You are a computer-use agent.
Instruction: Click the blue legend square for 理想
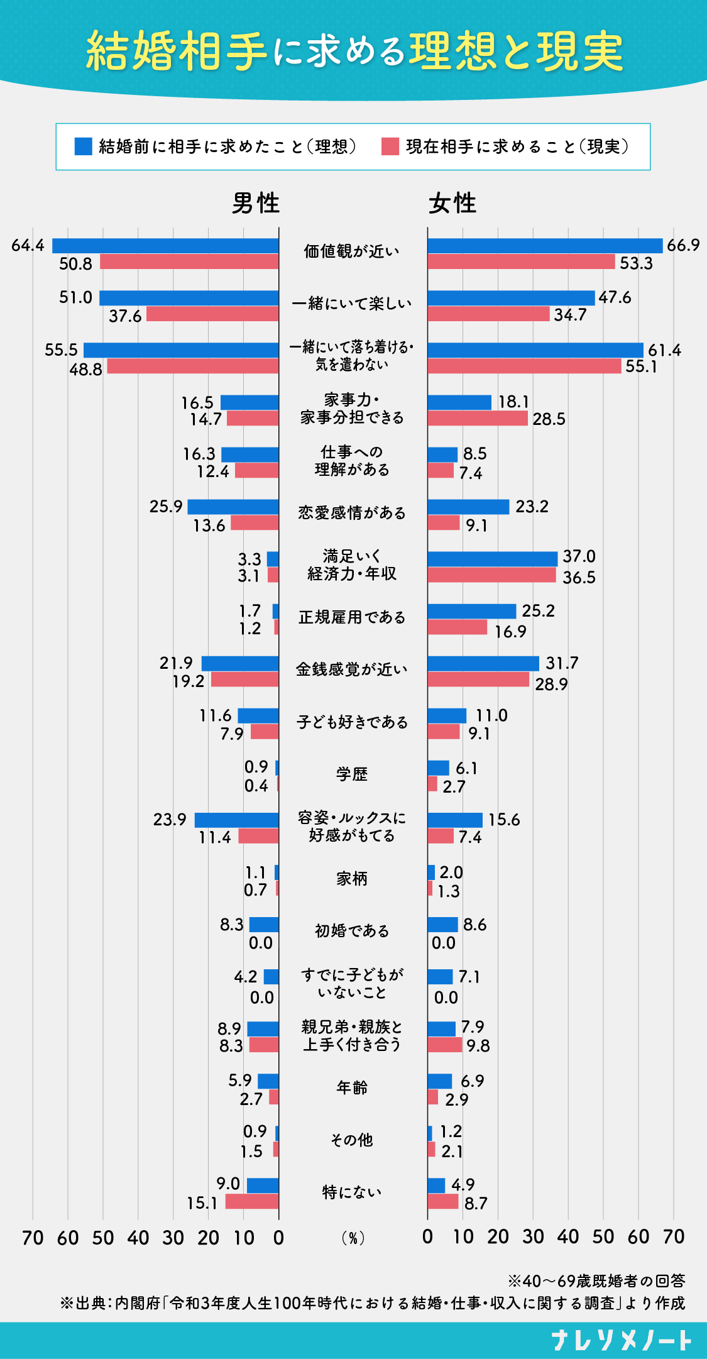(x=84, y=146)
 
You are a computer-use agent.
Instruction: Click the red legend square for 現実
(x=390, y=146)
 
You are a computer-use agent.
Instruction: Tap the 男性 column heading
(x=256, y=203)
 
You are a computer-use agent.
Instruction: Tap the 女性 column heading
(x=452, y=203)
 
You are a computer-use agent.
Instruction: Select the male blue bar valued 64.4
(x=165, y=246)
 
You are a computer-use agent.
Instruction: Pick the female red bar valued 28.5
(x=478, y=419)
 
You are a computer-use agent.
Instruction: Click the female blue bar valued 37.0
(x=493, y=559)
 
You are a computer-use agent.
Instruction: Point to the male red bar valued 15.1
(x=252, y=1201)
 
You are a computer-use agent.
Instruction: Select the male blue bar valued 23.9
(x=236, y=820)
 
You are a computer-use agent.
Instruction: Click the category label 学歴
(x=352, y=774)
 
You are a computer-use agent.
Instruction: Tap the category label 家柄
(x=352, y=879)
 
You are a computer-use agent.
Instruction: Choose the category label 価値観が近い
(x=352, y=251)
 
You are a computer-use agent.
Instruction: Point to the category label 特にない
(x=352, y=1192)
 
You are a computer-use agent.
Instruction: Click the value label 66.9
(x=683, y=245)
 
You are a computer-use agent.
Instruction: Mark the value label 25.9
(x=166, y=507)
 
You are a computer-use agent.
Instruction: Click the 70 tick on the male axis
(x=33, y=1238)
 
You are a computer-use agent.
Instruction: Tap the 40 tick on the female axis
(x=568, y=1236)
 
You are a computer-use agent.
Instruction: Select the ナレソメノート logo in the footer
(x=622, y=1340)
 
